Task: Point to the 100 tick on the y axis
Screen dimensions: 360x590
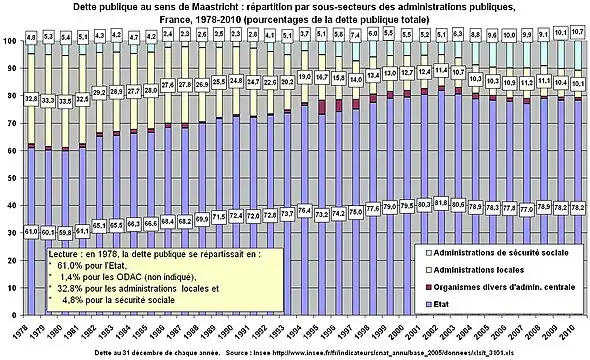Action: tap(9, 40)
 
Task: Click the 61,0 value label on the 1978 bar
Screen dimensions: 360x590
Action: tap(31, 231)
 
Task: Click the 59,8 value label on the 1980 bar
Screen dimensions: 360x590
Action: tap(65, 231)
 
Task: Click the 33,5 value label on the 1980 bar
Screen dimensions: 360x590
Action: tap(65, 100)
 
